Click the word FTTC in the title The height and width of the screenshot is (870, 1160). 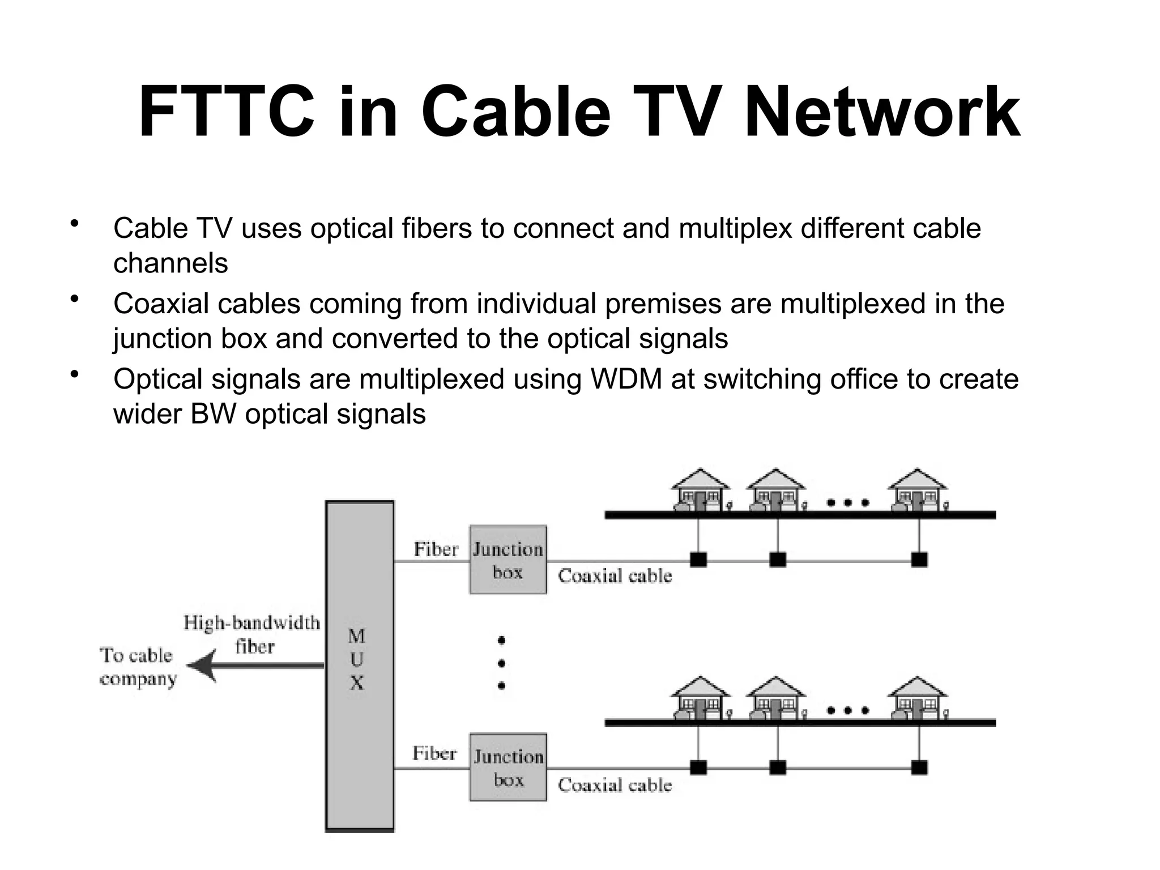point(226,112)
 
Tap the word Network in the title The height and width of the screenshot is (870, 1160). point(882,112)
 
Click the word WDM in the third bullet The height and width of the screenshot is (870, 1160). point(626,379)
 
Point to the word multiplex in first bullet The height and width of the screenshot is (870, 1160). point(735,228)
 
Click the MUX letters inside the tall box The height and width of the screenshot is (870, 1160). point(356,660)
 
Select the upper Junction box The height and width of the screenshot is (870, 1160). point(508,560)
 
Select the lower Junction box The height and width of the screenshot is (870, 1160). point(508,767)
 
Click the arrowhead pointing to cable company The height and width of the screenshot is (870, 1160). point(202,666)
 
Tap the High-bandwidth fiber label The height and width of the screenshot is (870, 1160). point(252,634)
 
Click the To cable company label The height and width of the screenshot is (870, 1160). point(138,667)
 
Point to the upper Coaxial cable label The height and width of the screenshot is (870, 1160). point(615,576)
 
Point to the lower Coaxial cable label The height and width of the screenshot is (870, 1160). point(615,785)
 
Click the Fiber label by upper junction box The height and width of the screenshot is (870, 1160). point(436,549)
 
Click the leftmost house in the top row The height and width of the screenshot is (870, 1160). point(700,491)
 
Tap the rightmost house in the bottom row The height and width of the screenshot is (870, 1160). point(917,698)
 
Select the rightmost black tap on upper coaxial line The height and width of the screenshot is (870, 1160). point(919,560)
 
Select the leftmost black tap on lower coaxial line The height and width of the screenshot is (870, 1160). point(698,767)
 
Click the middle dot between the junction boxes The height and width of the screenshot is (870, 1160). point(501,663)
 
